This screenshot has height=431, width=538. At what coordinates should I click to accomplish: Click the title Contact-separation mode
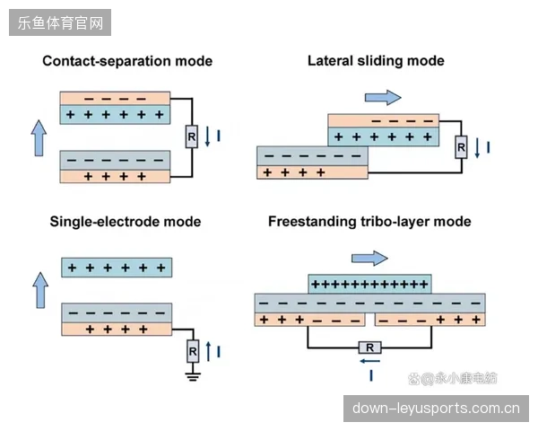(127, 61)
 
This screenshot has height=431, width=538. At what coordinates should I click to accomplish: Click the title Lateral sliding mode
(376, 61)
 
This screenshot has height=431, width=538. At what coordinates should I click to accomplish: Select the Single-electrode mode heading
(126, 222)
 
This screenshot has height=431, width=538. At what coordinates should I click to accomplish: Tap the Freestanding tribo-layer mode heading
(369, 222)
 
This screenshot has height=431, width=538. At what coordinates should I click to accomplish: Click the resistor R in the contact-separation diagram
(192, 136)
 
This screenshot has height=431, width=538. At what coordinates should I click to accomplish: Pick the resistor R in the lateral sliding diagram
(461, 147)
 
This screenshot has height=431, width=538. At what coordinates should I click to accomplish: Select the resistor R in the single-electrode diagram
(193, 351)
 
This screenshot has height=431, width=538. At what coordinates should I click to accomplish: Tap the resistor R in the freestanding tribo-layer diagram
(369, 347)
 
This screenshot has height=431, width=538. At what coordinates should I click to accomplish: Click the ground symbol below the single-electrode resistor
(193, 377)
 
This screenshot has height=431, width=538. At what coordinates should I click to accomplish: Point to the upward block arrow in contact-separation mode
(39, 138)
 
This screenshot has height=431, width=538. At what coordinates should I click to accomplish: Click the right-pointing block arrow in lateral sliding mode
(383, 98)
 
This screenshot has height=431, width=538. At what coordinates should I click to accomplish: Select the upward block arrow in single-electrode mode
(40, 290)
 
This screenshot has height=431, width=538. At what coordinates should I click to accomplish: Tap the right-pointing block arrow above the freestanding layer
(369, 258)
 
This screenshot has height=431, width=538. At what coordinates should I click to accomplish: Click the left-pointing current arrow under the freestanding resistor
(369, 361)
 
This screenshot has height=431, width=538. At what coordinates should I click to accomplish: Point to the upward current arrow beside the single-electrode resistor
(208, 351)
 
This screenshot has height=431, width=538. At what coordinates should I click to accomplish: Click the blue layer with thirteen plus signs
(369, 284)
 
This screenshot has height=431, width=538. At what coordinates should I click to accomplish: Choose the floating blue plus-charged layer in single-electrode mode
(117, 268)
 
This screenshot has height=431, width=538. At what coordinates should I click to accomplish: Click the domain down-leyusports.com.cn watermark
(436, 409)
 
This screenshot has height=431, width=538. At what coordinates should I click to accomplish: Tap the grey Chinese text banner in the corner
(60, 22)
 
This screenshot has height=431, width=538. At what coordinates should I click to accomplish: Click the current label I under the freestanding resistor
(371, 375)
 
